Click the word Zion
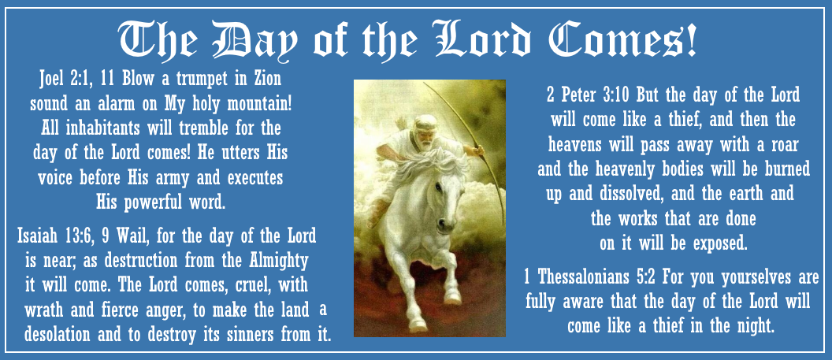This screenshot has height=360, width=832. (264, 80)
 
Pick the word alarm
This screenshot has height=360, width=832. (127, 104)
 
